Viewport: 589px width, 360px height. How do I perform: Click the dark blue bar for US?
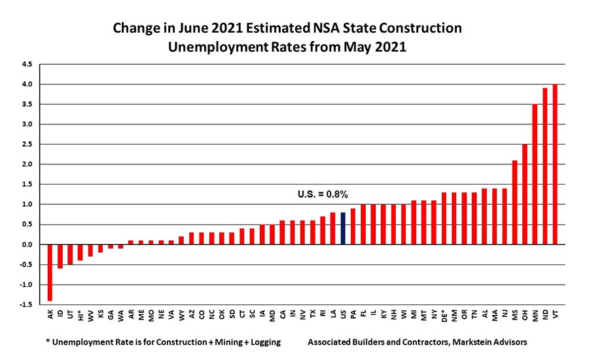(343, 228)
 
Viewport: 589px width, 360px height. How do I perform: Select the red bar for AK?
(50, 272)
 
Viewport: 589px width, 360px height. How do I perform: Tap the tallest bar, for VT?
(556, 164)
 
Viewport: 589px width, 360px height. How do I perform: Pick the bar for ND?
(545, 166)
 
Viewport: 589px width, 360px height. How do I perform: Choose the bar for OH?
(525, 194)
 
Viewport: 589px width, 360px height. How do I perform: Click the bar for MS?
(515, 202)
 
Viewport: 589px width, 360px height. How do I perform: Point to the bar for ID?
(60, 256)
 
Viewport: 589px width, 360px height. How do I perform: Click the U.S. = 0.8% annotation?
(323, 194)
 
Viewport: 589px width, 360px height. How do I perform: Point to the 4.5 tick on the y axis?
(26, 64)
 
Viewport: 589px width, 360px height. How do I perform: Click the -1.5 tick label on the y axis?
(25, 304)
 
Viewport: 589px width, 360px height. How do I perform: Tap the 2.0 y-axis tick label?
(26, 164)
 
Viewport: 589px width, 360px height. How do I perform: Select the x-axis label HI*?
(81, 317)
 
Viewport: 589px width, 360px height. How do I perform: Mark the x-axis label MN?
(535, 315)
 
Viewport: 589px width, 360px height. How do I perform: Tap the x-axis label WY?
(182, 315)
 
